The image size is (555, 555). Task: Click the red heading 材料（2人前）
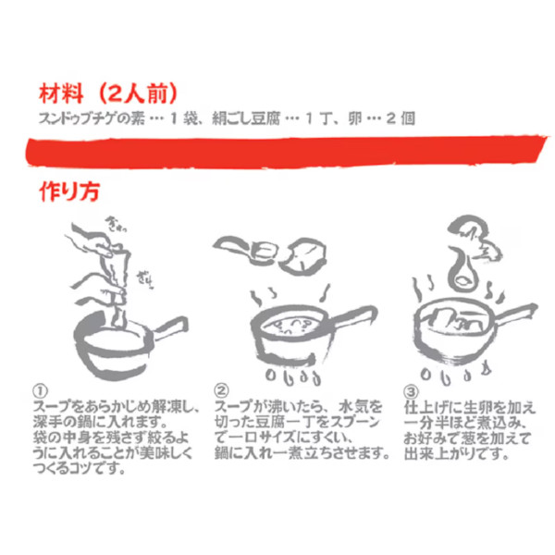pyautogui.click(x=108, y=93)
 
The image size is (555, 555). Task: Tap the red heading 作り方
pyautogui.click(x=69, y=191)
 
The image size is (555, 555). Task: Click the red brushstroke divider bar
pyautogui.click(x=287, y=151)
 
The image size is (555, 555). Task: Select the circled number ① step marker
pyautogui.click(x=40, y=391)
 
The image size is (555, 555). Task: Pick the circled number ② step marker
pyautogui.click(x=222, y=390)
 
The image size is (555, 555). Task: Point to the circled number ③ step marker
pyautogui.click(x=411, y=391)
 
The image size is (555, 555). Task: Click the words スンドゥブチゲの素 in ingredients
pyautogui.click(x=92, y=118)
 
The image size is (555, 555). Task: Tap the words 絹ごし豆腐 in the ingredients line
pyautogui.click(x=246, y=118)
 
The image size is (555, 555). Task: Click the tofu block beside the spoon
pyautogui.click(x=304, y=256)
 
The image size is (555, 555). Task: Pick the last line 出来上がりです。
pyautogui.click(x=456, y=453)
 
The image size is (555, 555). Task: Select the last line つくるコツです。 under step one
pyautogui.click(x=80, y=469)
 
